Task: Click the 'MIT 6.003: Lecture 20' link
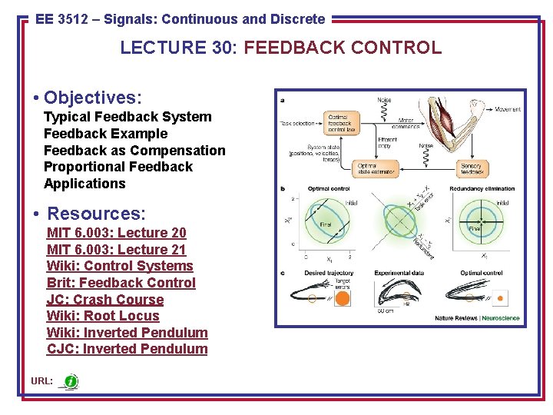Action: coord(116,233)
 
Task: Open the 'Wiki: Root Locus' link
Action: coord(103,316)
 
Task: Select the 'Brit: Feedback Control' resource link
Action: coord(121,283)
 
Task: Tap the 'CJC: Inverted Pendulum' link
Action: coord(127,349)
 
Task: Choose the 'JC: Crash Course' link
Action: coord(104,300)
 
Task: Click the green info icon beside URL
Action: coord(71,381)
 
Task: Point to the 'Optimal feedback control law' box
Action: coord(342,123)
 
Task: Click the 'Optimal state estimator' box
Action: coord(377,168)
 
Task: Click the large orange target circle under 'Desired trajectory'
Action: coord(343,298)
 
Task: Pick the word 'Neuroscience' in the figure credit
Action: coord(500,318)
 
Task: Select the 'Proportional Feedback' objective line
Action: coord(118,167)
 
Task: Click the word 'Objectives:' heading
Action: coord(92,98)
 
